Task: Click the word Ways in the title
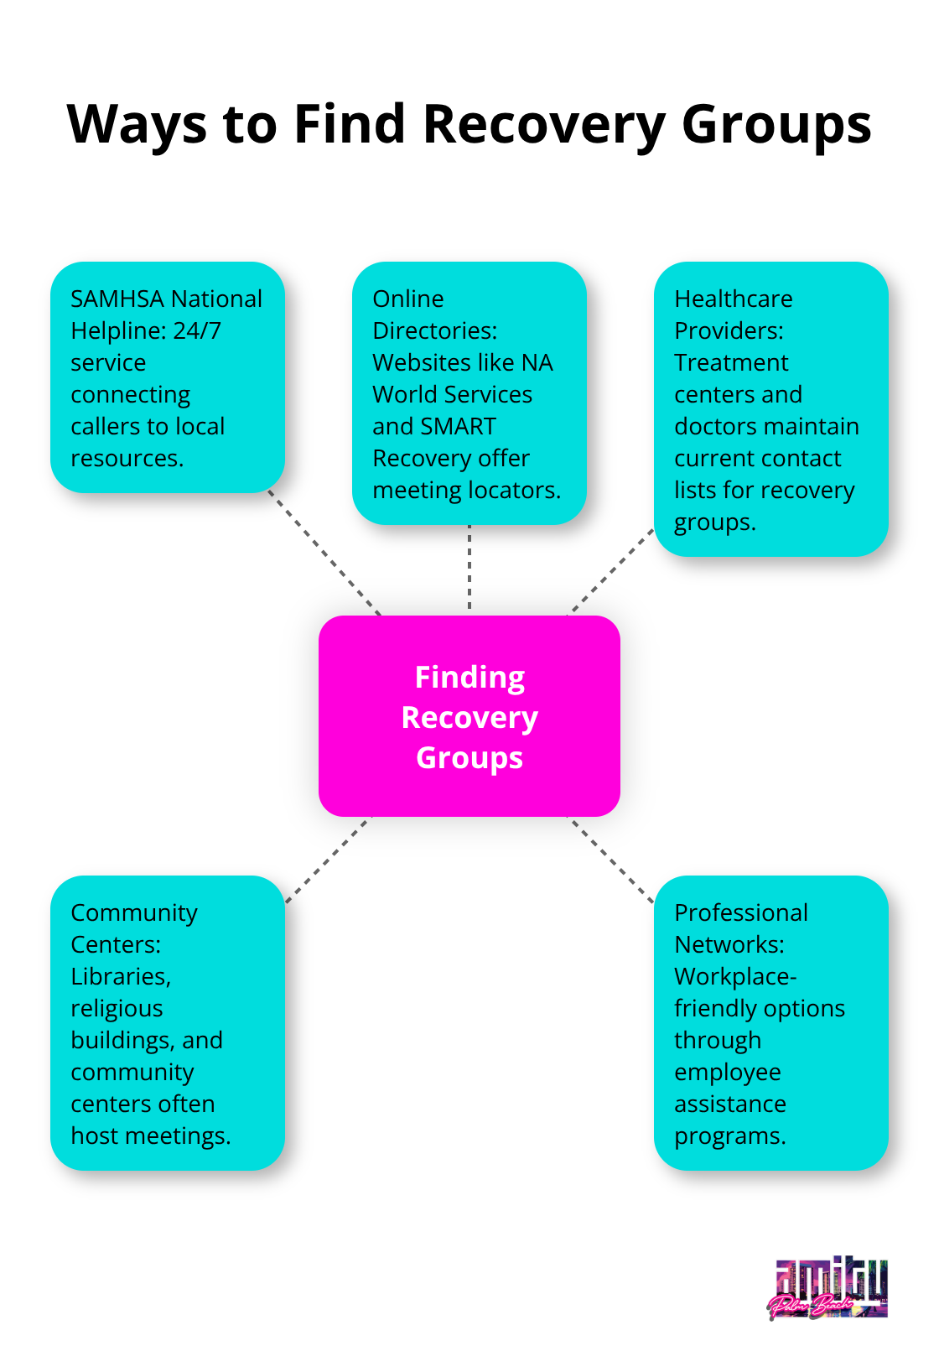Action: tap(137, 125)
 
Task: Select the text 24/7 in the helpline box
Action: tap(197, 331)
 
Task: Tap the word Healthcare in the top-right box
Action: tap(734, 299)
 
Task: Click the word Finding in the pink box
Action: tap(469, 678)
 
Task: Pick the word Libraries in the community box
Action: tap(121, 977)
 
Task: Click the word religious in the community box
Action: tap(117, 1009)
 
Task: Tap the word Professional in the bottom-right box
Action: tap(741, 913)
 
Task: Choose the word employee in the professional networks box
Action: tap(728, 1073)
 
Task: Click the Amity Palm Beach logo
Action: tap(828, 1290)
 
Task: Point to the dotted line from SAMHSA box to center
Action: tap(324, 553)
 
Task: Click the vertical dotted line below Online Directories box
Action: tap(469, 569)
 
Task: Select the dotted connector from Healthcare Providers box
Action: tap(611, 571)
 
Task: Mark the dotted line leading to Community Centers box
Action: tap(328, 860)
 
